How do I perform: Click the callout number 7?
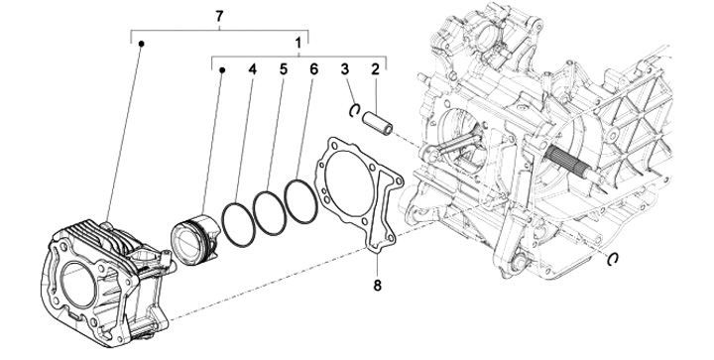(x=219, y=17)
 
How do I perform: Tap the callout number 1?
(x=298, y=44)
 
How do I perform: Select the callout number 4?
(x=252, y=69)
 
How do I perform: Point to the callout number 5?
(x=284, y=69)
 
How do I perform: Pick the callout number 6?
(x=313, y=69)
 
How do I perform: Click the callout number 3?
(x=345, y=69)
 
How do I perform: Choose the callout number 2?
(x=375, y=69)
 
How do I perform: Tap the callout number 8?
(x=377, y=286)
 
